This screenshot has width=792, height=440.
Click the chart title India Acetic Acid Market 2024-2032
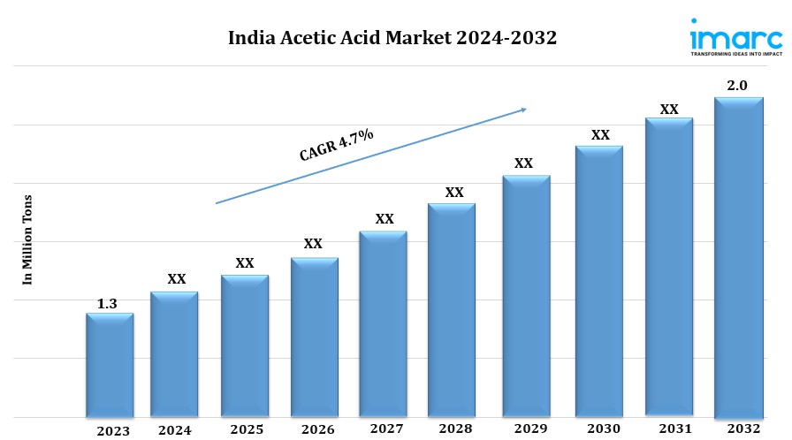[392, 38]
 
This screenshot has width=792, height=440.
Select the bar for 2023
[110, 364]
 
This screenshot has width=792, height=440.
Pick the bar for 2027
[383, 323]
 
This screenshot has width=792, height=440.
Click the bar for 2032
[738, 256]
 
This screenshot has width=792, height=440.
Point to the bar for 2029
[526, 295]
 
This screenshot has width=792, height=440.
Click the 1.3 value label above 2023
[107, 304]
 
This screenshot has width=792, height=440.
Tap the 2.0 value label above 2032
[737, 86]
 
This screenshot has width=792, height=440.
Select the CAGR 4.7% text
[337, 144]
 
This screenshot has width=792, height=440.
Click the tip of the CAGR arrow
[526, 109]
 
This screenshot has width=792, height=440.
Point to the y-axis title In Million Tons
[27, 239]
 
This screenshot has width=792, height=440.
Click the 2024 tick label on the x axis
[175, 430]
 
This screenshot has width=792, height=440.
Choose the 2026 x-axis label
[317, 429]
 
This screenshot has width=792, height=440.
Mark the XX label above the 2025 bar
[245, 262]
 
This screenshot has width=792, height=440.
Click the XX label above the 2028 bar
[454, 192]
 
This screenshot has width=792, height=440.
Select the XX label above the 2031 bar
[669, 110]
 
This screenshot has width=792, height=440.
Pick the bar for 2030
[599, 280]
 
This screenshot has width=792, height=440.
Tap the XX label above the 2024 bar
[177, 279]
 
